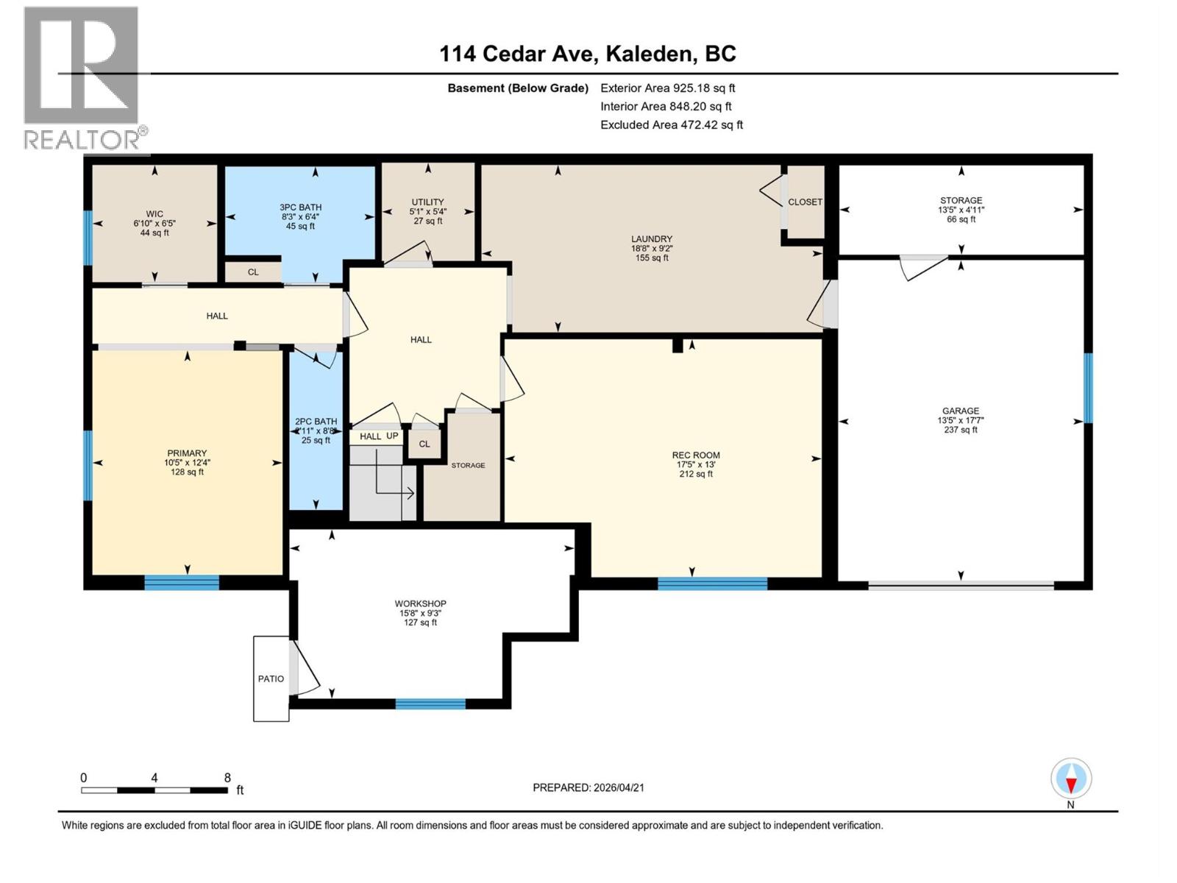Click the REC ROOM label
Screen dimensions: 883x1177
[695, 455]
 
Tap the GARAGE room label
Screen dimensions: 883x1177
[960, 411]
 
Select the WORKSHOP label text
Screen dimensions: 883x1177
[420, 603]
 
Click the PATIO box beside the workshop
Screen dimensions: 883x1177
[271, 678]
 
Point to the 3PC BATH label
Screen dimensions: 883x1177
[300, 208]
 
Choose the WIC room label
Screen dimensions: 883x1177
[154, 214]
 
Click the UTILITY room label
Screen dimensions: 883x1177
[427, 202]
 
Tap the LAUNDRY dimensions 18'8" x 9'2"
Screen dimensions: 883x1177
[651, 249]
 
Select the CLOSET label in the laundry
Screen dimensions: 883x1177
[805, 202]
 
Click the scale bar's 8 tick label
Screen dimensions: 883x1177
[227, 778]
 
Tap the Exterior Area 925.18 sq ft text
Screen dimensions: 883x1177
[667, 88]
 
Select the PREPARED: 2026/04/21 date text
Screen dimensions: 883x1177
[588, 787]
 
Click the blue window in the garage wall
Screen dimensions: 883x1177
[1088, 388]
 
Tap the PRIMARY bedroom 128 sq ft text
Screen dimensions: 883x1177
[187, 472]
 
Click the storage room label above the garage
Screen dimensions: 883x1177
[960, 200]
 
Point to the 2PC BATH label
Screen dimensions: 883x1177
[316, 422]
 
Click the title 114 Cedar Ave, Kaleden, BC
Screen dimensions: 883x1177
[587, 54]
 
